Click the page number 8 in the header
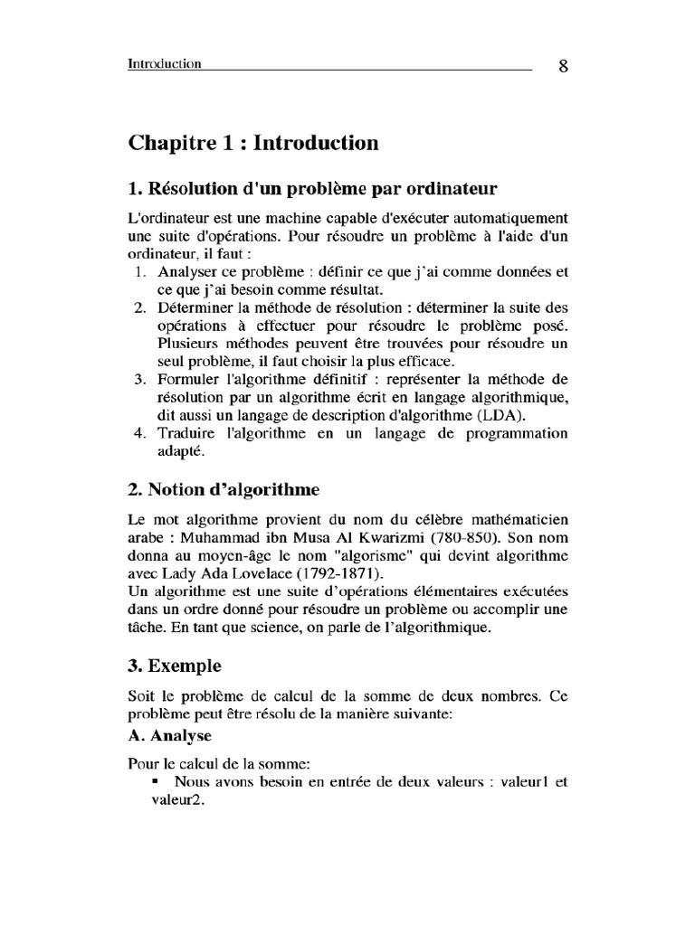tap(563, 67)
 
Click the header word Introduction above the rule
tap(164, 64)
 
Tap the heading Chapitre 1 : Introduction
tap(252, 143)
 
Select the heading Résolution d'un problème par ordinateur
tap(312, 189)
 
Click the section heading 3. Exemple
tap(175, 666)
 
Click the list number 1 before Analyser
tap(140, 271)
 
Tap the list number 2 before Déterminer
tap(140, 307)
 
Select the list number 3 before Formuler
tap(140, 378)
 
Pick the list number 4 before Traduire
tap(140, 432)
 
